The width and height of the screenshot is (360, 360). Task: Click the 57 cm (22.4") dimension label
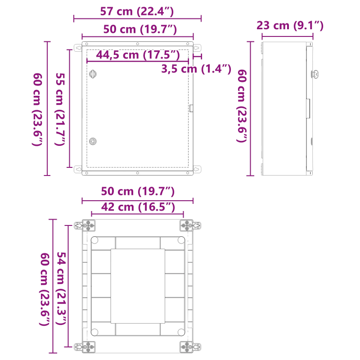[x=137, y=11]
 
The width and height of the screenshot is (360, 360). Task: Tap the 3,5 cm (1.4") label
[x=196, y=69]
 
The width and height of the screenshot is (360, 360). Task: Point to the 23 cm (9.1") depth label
[x=290, y=25]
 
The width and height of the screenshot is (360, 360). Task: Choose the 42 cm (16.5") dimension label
[x=137, y=207]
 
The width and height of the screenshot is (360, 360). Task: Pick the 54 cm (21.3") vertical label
[x=62, y=288]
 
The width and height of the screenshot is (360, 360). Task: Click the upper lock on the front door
[x=93, y=74]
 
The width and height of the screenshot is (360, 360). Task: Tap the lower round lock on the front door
[x=93, y=141]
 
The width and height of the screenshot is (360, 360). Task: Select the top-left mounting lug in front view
[x=78, y=47]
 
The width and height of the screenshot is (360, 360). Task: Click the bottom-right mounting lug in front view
[x=197, y=169]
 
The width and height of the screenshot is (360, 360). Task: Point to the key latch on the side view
[x=315, y=74]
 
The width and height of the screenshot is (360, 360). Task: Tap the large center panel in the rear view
[x=137, y=286]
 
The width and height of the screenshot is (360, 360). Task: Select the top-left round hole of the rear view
[x=94, y=240]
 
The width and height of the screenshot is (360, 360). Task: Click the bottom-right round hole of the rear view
[x=180, y=332]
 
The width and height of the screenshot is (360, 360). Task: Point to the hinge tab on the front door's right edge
[x=191, y=108]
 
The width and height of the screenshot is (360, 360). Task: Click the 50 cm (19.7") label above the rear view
[x=137, y=191]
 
